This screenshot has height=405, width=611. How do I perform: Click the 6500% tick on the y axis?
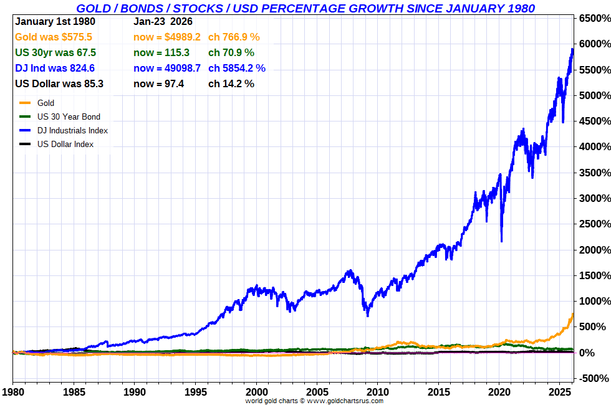593,19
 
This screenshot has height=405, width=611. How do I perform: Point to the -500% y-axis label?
593,378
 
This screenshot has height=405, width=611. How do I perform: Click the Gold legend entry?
46,103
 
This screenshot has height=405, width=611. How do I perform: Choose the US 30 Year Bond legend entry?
68,117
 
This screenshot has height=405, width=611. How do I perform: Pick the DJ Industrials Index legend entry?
72,130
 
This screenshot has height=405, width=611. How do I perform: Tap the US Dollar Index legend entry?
65,144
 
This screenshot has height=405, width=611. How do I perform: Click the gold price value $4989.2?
166,37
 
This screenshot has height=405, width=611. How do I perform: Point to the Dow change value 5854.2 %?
237,68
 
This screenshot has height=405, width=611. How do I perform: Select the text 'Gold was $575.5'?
54,37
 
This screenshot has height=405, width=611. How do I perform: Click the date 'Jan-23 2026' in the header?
163,22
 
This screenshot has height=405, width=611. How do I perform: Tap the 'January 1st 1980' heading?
54,22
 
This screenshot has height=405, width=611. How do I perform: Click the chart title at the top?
305,8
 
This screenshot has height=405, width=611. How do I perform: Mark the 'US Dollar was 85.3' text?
59,83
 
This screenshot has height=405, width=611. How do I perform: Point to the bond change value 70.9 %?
231,53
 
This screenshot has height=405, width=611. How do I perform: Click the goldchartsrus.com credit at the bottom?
314,401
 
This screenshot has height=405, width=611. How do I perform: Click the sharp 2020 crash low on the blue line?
501,241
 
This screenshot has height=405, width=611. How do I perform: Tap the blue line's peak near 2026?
572,49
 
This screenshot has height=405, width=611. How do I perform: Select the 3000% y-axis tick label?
593,198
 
